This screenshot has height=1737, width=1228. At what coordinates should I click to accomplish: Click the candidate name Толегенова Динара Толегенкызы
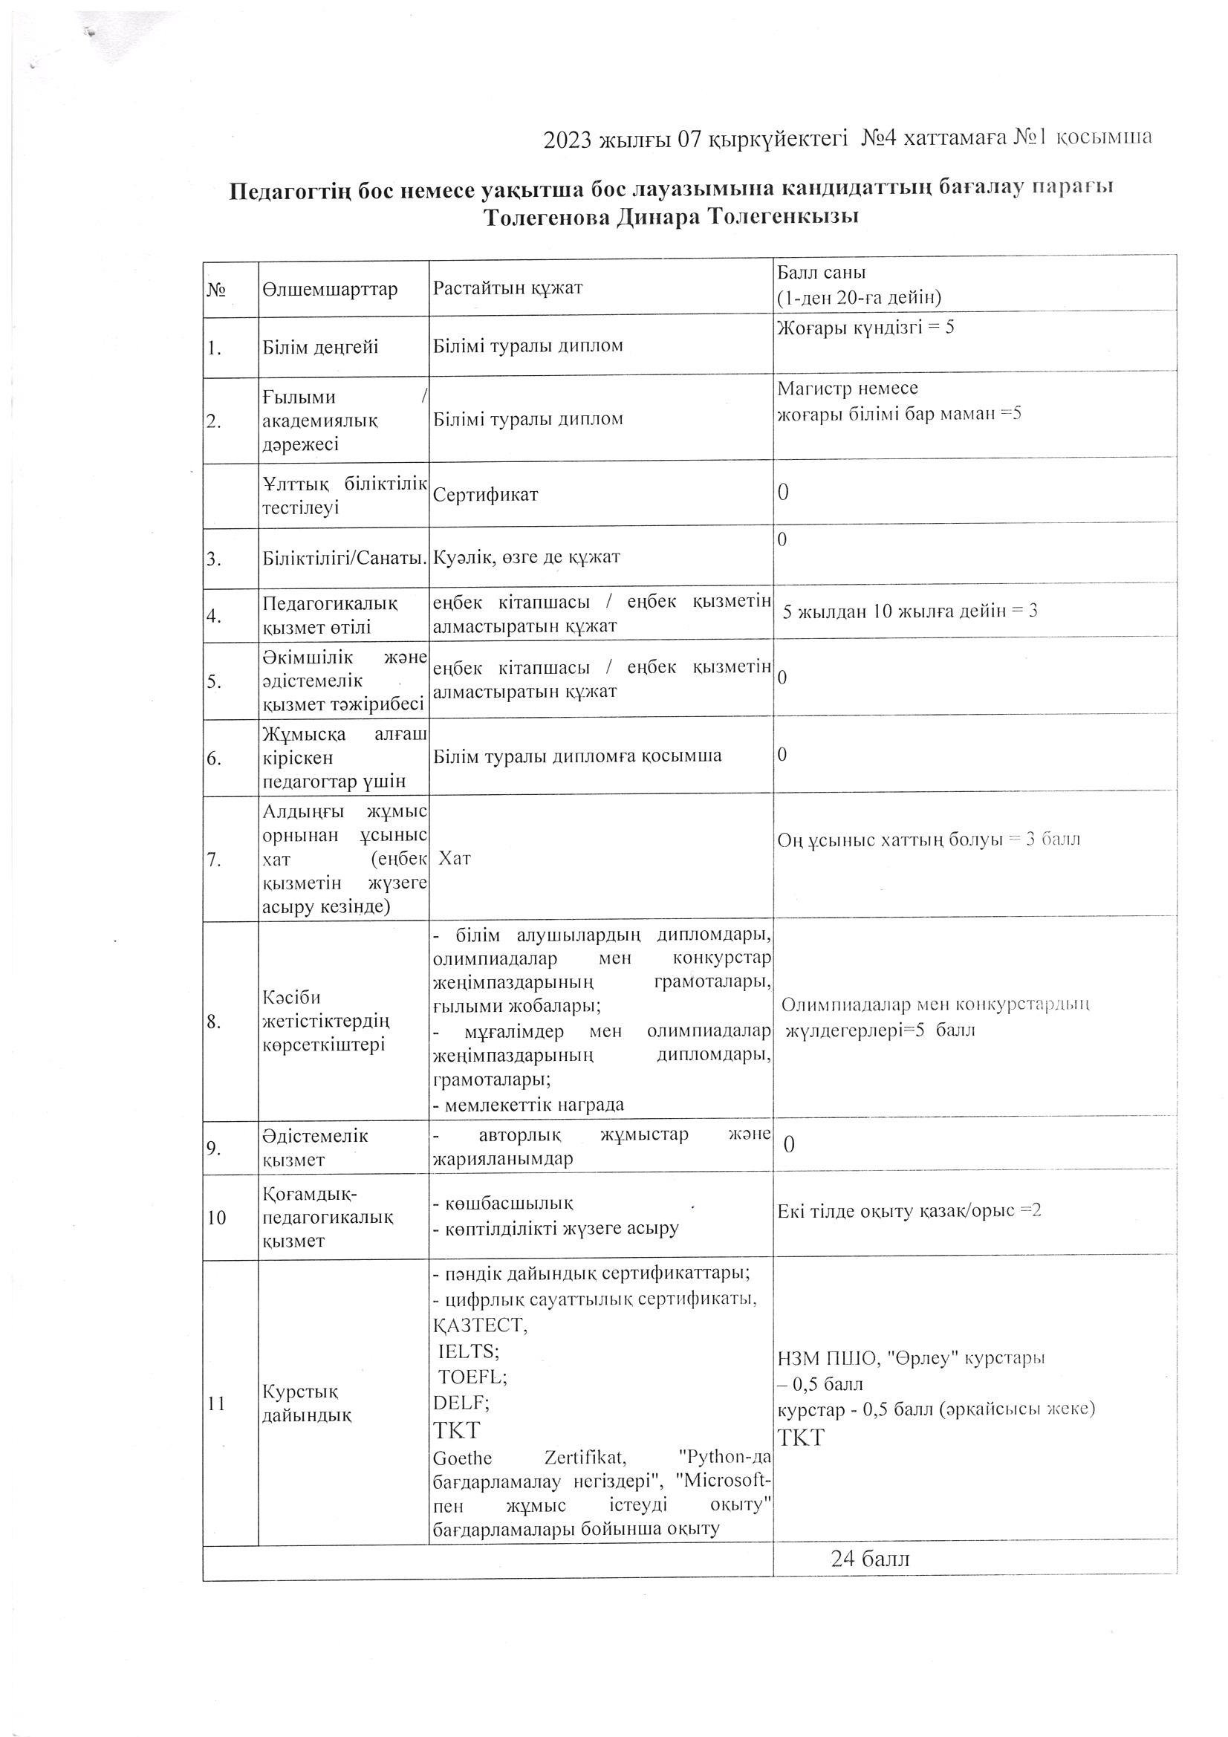(x=671, y=218)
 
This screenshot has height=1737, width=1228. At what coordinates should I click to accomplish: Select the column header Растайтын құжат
(x=507, y=288)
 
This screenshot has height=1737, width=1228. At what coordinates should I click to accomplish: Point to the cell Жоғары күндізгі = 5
(x=865, y=328)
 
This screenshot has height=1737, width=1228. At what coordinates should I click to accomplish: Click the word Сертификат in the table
(x=486, y=495)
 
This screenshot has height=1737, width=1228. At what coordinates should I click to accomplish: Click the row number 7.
(x=213, y=860)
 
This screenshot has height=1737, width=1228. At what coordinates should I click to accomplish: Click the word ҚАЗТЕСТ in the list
(x=480, y=1325)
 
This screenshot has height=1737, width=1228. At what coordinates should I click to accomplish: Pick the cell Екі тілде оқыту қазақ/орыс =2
(x=909, y=1210)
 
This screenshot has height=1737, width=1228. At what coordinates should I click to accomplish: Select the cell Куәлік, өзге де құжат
(x=527, y=557)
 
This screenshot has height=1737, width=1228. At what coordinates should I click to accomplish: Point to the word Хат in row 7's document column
(x=455, y=858)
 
